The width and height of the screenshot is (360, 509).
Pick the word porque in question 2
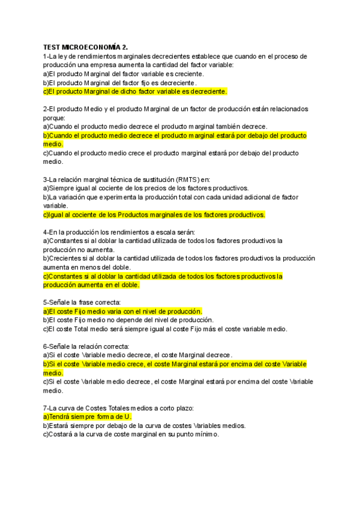(54, 118)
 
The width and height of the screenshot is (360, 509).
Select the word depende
(124, 320)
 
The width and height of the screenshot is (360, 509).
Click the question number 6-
(47, 346)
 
